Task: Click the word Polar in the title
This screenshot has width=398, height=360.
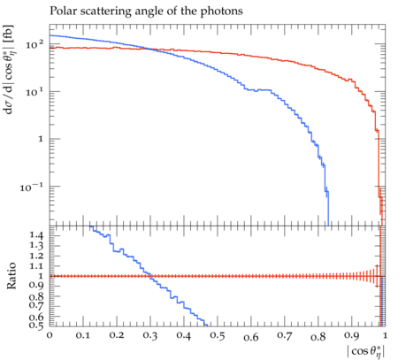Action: tap(62, 11)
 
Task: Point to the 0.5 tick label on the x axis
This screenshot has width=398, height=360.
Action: tap(218, 336)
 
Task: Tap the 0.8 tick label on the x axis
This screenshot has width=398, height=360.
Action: tap(318, 336)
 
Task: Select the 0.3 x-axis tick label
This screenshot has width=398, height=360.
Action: tap(150, 336)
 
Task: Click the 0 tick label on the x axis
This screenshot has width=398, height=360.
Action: tap(50, 335)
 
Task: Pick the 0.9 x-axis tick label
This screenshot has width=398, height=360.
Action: tap(352, 336)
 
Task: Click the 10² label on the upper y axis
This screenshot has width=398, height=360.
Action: tap(34, 45)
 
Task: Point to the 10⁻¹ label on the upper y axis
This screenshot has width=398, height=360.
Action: tap(32, 187)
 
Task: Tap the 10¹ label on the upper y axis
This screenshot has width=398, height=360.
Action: tap(34, 92)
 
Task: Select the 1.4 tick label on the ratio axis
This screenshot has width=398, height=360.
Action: tap(36, 235)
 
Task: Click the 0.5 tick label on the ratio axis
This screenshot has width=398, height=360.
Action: tap(36, 326)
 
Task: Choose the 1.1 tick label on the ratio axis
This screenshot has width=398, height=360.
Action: tap(36, 266)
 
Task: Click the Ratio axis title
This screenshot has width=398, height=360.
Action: tap(11, 276)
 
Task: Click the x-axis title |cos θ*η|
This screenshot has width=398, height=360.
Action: tap(366, 351)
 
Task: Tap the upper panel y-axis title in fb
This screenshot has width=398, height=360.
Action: tap(10, 69)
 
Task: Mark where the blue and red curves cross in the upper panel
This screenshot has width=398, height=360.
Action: tap(151, 50)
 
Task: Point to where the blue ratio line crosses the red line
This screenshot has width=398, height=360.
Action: tap(150, 276)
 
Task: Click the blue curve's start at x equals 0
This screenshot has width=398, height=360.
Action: tap(50, 35)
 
